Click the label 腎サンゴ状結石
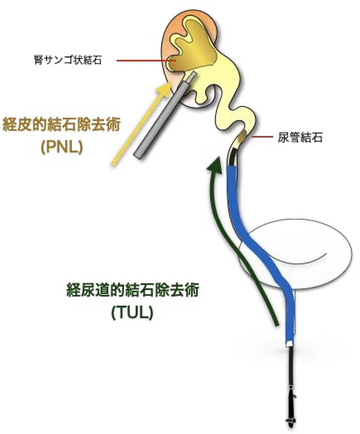coord(68,60)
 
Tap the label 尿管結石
coord(300,138)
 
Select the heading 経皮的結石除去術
coord(62,125)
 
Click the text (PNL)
coord(62,147)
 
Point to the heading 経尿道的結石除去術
coord(133,290)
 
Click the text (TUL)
coord(132,313)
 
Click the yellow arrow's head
coord(164,89)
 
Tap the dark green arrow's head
coord(215,165)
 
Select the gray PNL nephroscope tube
coord(165,115)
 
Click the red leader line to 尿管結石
coord(262,137)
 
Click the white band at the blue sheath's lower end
coord(289,343)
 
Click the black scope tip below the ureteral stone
coord(232,157)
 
